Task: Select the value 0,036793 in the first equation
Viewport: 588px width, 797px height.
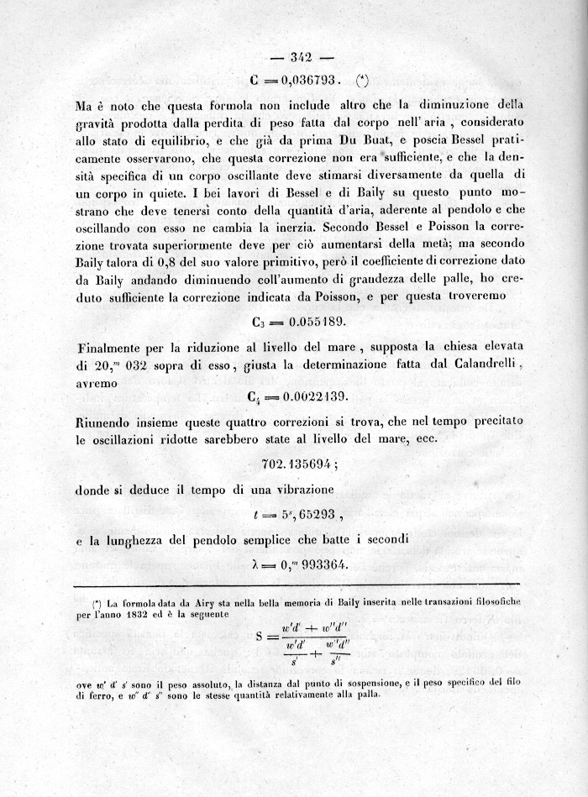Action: (x=307, y=81)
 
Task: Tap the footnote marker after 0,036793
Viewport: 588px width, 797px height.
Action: (x=362, y=81)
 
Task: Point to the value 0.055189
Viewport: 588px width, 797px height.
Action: (x=312, y=322)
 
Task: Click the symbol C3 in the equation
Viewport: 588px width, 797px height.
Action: (x=260, y=323)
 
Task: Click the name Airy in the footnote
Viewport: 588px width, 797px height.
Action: (x=207, y=603)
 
